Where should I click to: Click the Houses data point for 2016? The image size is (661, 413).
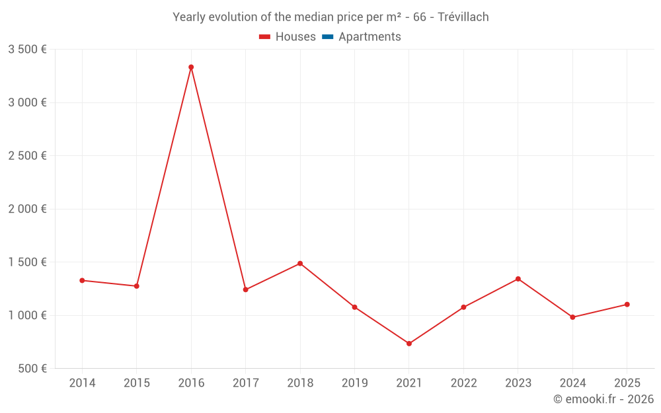(191, 67)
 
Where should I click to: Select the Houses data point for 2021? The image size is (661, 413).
(409, 344)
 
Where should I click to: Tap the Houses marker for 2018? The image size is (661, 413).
(300, 264)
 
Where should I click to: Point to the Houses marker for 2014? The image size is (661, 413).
(82, 280)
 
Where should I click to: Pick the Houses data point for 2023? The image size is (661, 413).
(518, 279)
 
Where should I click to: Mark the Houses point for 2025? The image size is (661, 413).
(627, 305)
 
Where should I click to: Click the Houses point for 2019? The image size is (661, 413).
(354, 307)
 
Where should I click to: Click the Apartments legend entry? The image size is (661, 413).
(369, 37)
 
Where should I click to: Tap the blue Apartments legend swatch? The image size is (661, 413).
(328, 37)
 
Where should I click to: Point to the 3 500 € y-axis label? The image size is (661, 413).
(27, 49)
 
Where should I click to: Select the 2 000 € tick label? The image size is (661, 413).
(27, 209)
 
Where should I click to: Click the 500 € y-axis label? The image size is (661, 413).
(31, 368)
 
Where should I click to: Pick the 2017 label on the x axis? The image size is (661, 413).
(245, 383)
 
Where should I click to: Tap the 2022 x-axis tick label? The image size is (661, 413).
(463, 383)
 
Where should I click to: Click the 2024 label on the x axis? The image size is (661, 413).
(572, 383)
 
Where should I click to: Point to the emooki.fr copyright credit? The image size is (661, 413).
(603, 399)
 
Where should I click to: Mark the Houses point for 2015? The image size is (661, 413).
(137, 286)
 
